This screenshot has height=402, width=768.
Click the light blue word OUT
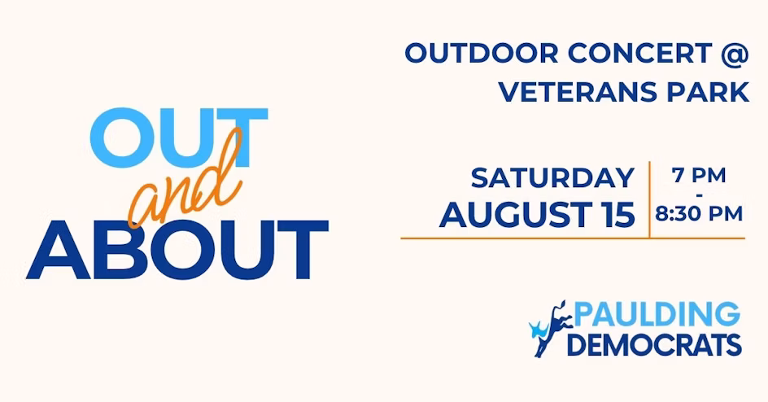tap(179, 138)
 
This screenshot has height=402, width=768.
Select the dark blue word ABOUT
tap(177, 250)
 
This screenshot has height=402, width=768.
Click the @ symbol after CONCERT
tap(735, 54)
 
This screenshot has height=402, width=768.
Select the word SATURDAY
tap(553, 177)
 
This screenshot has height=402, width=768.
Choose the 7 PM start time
tap(699, 175)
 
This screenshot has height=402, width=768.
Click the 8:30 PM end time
tap(699, 214)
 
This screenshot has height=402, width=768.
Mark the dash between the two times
tap(699, 194)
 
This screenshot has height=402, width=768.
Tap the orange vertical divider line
tap(649, 199)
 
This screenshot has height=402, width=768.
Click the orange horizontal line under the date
tap(573, 238)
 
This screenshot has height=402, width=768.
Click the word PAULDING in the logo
tap(657, 314)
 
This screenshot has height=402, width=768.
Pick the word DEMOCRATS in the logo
tap(654, 344)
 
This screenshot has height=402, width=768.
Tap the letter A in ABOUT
tap(58, 250)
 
